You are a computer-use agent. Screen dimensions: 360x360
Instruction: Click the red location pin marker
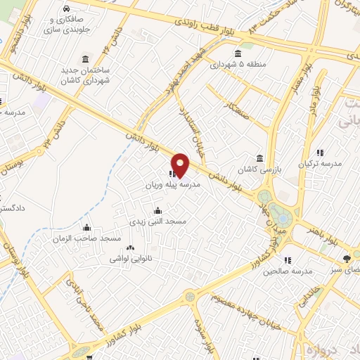click(x=181, y=165)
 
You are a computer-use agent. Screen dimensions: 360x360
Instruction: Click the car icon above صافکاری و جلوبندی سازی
click(x=65, y=9)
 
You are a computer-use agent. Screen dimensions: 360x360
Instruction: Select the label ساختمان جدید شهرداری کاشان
click(x=86, y=72)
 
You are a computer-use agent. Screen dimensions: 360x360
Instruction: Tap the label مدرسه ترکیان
click(x=321, y=163)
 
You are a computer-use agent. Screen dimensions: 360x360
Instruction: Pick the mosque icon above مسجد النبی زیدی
click(x=157, y=210)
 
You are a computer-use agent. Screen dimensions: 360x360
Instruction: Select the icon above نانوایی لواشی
click(x=129, y=247)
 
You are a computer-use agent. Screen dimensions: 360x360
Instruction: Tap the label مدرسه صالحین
click(x=296, y=271)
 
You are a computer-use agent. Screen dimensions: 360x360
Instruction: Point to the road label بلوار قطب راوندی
click(x=206, y=21)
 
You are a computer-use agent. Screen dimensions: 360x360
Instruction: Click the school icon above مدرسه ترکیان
click(x=321, y=153)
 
